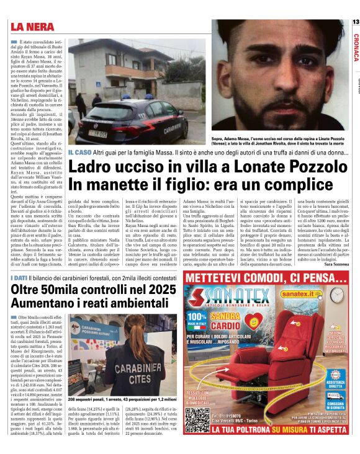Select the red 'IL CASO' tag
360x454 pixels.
tap(79, 152)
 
